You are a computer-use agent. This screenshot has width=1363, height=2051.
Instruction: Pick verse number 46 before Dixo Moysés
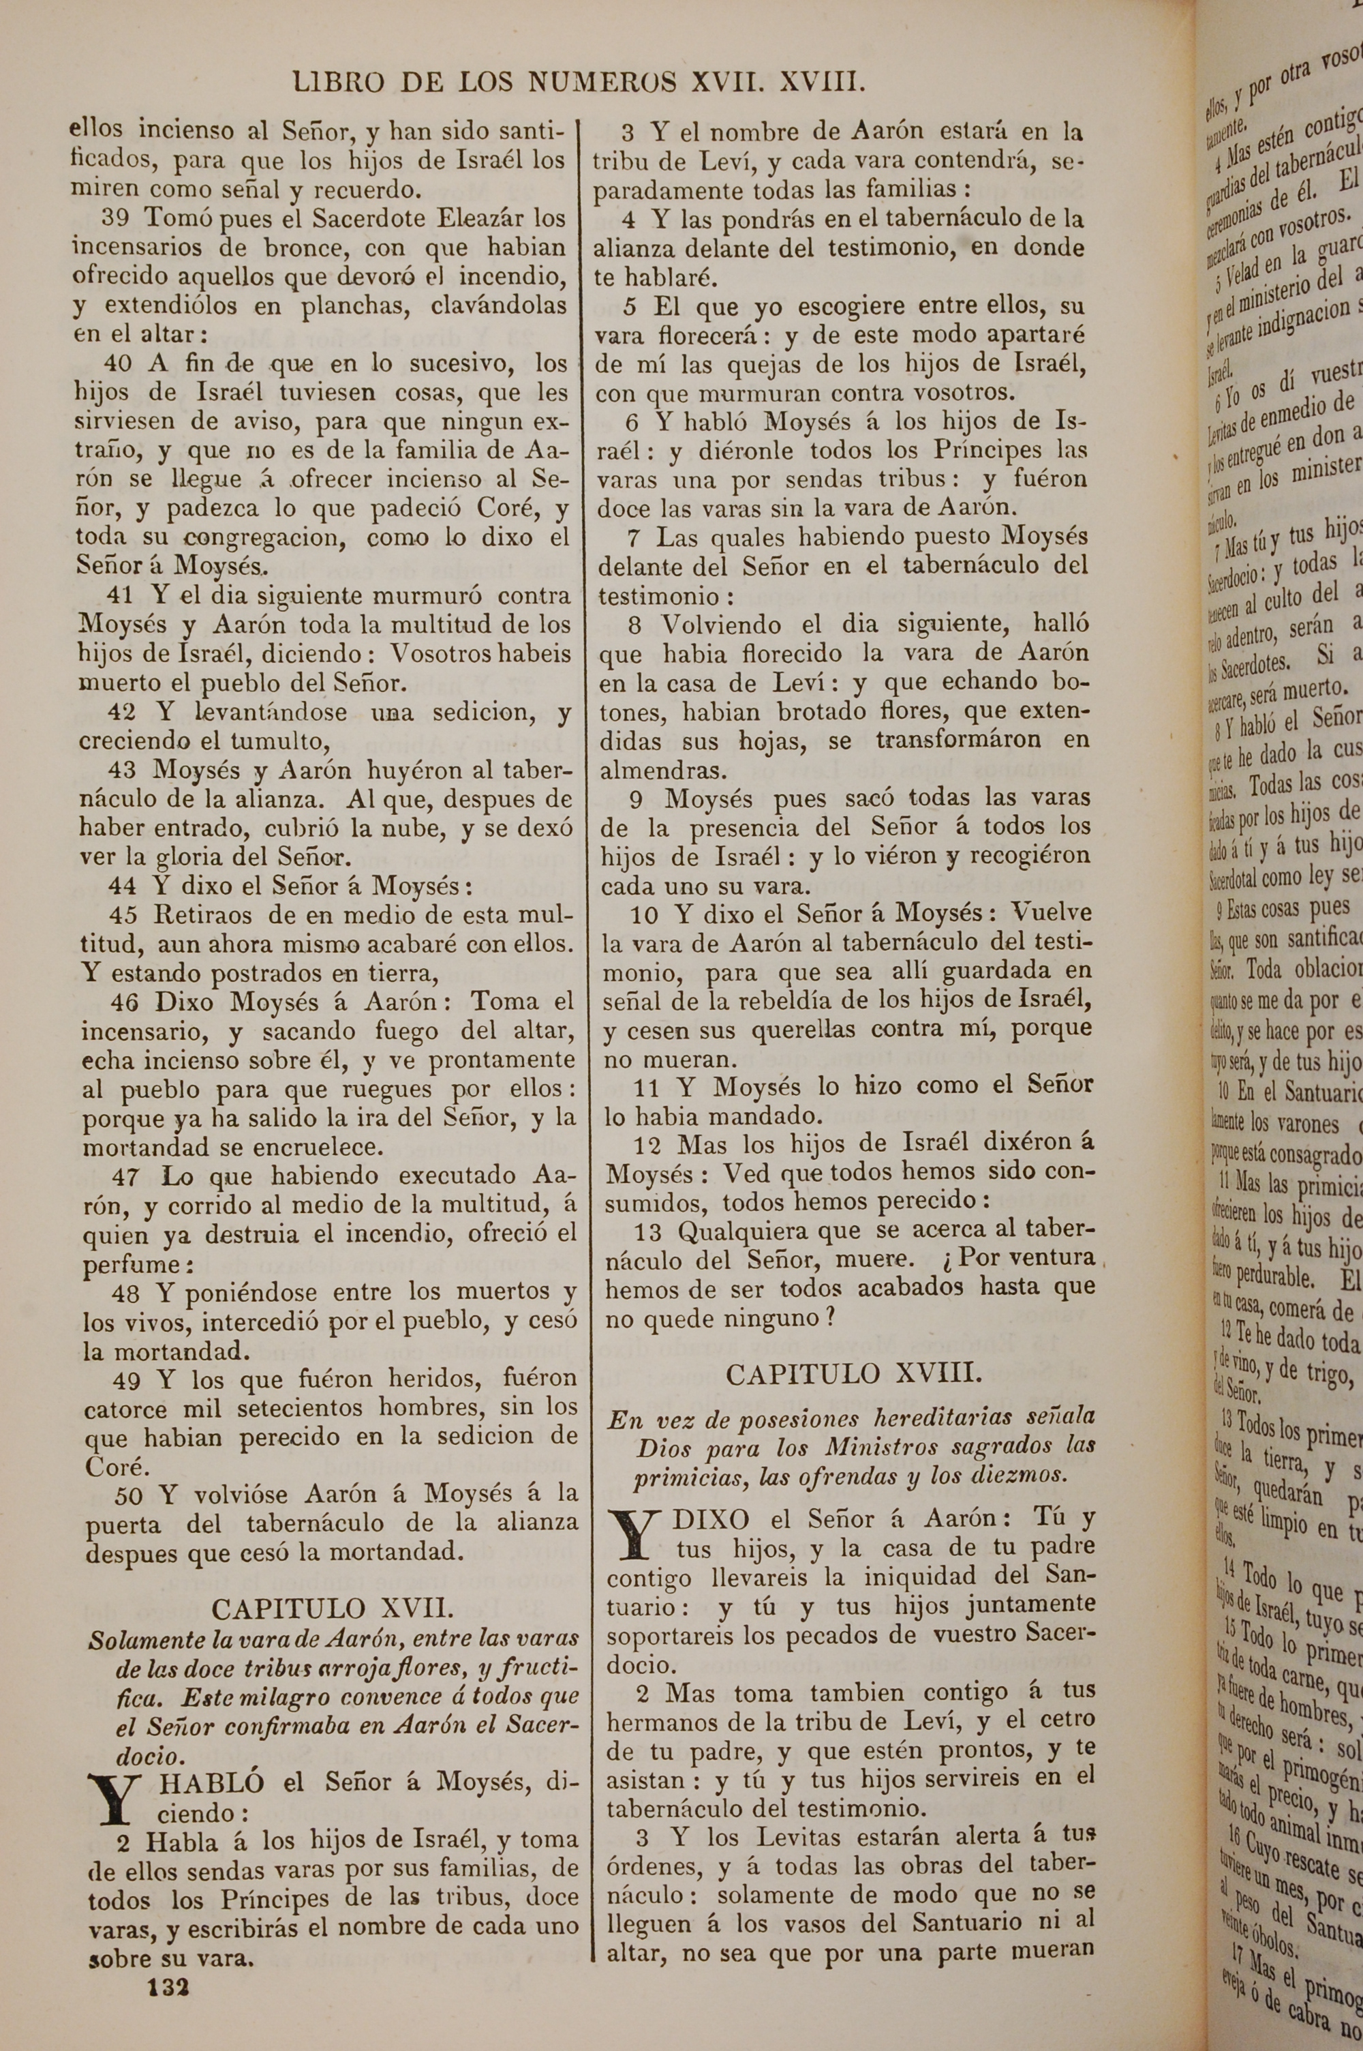[x=124, y=1002]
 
